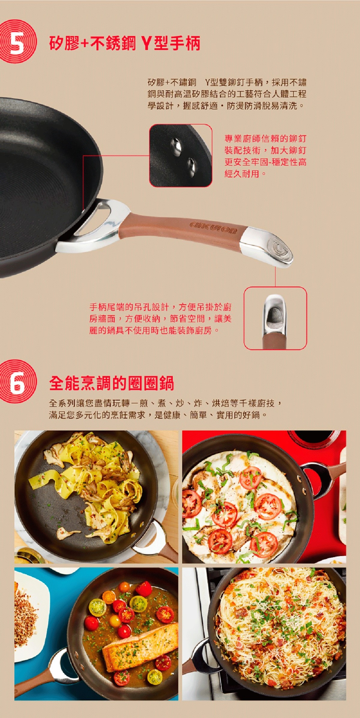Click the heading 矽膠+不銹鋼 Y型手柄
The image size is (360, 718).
point(124,43)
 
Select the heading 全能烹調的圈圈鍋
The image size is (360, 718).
point(112,383)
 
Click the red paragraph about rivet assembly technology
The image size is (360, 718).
point(265,156)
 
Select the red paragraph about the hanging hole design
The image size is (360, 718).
point(160,319)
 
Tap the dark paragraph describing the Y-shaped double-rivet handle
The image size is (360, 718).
point(227,94)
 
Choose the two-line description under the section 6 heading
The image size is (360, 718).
point(165,409)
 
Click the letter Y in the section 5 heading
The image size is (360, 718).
point(146,43)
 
